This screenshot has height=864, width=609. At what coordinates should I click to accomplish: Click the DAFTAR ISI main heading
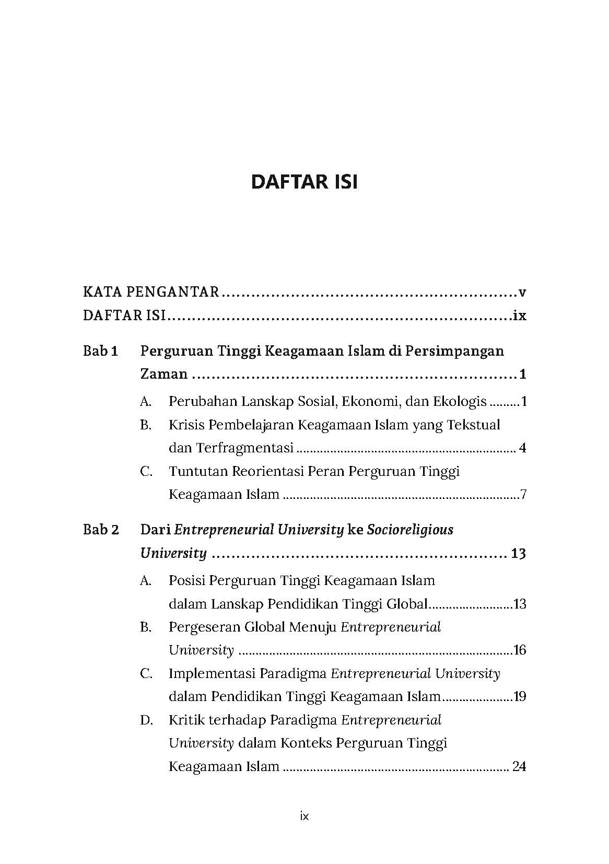click(x=304, y=182)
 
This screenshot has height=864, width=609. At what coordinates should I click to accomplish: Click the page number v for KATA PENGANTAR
click(x=522, y=293)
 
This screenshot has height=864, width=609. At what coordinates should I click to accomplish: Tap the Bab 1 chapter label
click(x=100, y=351)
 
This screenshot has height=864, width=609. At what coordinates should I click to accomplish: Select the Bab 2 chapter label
click(x=101, y=530)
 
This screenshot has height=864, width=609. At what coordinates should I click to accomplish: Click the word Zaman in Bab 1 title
click(x=163, y=374)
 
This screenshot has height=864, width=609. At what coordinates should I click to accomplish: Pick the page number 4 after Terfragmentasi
click(x=522, y=448)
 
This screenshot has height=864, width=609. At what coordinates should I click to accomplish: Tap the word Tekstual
click(x=474, y=425)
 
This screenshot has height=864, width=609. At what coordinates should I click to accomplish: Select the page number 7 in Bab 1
click(x=523, y=495)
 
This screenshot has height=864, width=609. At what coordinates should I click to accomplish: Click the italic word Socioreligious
click(x=409, y=530)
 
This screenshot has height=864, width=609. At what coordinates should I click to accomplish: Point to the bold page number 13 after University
click(x=518, y=554)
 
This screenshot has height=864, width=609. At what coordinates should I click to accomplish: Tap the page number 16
click(x=520, y=650)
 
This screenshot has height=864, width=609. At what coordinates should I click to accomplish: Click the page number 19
click(x=520, y=697)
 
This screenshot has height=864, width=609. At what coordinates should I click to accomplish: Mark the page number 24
click(x=519, y=767)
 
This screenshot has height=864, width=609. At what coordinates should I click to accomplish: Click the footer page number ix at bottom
click(x=304, y=816)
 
